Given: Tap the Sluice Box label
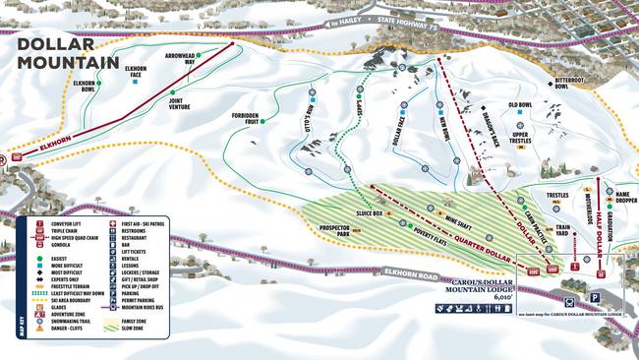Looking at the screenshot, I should click(x=370, y=212).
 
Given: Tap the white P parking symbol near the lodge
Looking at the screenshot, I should click(x=595, y=296).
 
